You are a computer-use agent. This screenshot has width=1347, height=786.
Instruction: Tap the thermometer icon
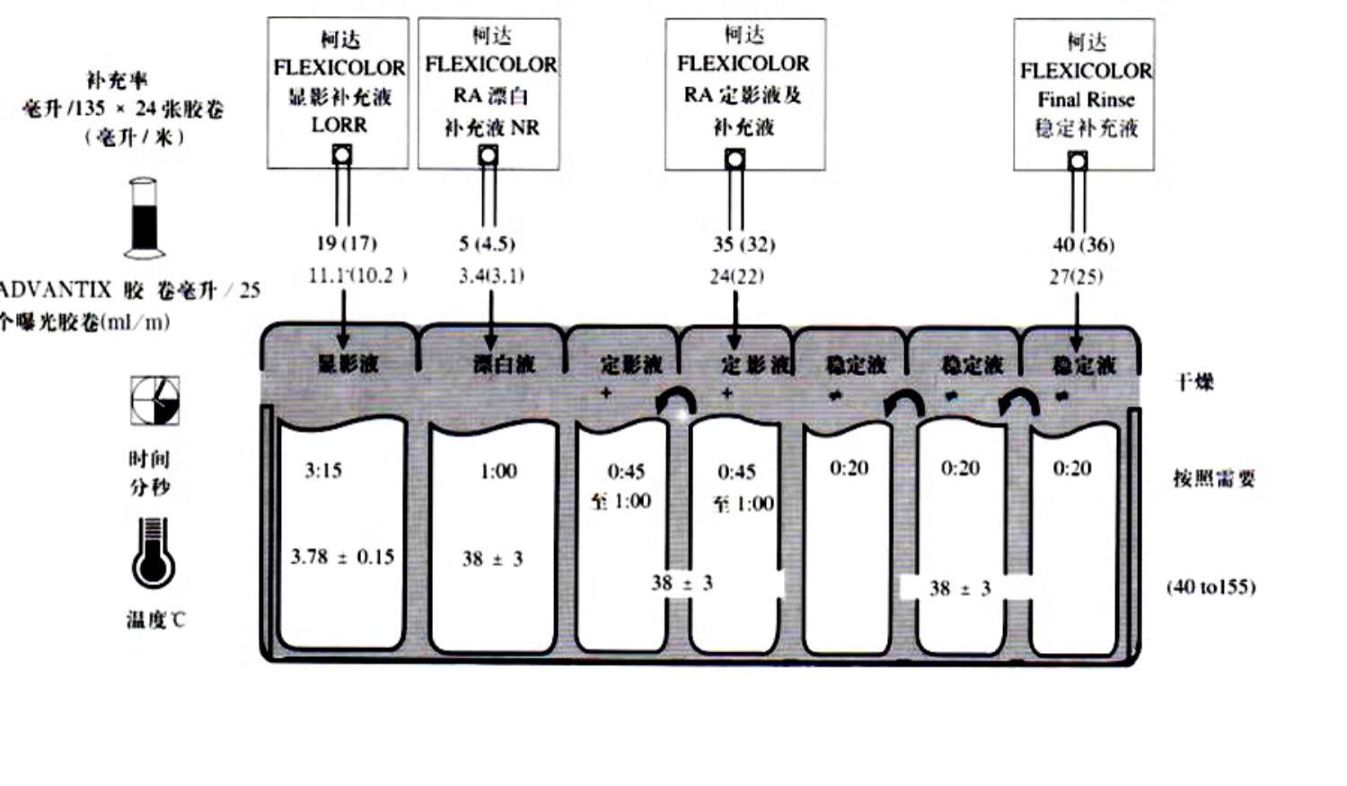[153, 552]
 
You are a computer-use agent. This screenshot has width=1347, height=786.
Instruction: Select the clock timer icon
[155, 400]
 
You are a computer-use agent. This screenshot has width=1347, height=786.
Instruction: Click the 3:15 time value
[323, 470]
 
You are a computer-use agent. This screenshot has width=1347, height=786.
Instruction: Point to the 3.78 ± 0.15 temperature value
[342, 557]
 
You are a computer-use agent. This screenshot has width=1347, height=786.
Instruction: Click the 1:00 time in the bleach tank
[498, 471]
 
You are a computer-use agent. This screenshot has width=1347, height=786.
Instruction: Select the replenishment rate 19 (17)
[346, 243]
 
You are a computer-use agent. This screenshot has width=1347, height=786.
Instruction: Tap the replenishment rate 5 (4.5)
[487, 243]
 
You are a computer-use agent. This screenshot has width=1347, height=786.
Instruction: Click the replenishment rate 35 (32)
[744, 244]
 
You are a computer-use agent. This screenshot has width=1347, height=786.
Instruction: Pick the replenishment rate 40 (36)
[1083, 244]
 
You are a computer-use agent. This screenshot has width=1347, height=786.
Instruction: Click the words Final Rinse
[1086, 100]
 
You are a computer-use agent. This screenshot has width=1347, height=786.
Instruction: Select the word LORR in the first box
[339, 125]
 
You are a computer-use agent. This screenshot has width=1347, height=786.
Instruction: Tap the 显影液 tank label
[348, 364]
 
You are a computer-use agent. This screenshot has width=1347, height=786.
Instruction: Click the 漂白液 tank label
[504, 364]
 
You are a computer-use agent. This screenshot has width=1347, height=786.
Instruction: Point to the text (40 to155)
[1211, 587]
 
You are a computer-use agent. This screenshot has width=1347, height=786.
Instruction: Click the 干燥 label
[1194, 382]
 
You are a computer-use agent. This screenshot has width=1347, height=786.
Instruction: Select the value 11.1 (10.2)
[357, 276]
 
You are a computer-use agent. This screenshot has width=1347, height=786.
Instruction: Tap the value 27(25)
[1076, 277]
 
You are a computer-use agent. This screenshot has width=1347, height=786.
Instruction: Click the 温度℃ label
[156, 619]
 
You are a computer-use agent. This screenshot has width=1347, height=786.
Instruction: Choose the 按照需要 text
[1213, 478]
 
